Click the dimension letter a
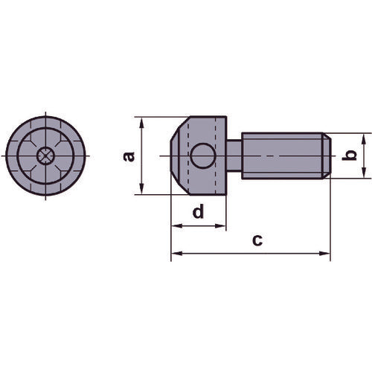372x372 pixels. tap(128, 156)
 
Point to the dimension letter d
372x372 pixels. tap(197, 211)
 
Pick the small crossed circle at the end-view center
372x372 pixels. tap(45, 156)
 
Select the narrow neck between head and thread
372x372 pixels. tap(233, 156)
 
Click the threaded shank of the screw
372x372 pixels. tap(279, 156)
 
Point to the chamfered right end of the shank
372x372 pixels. tap(324, 156)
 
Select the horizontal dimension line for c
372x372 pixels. tap(223, 254)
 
